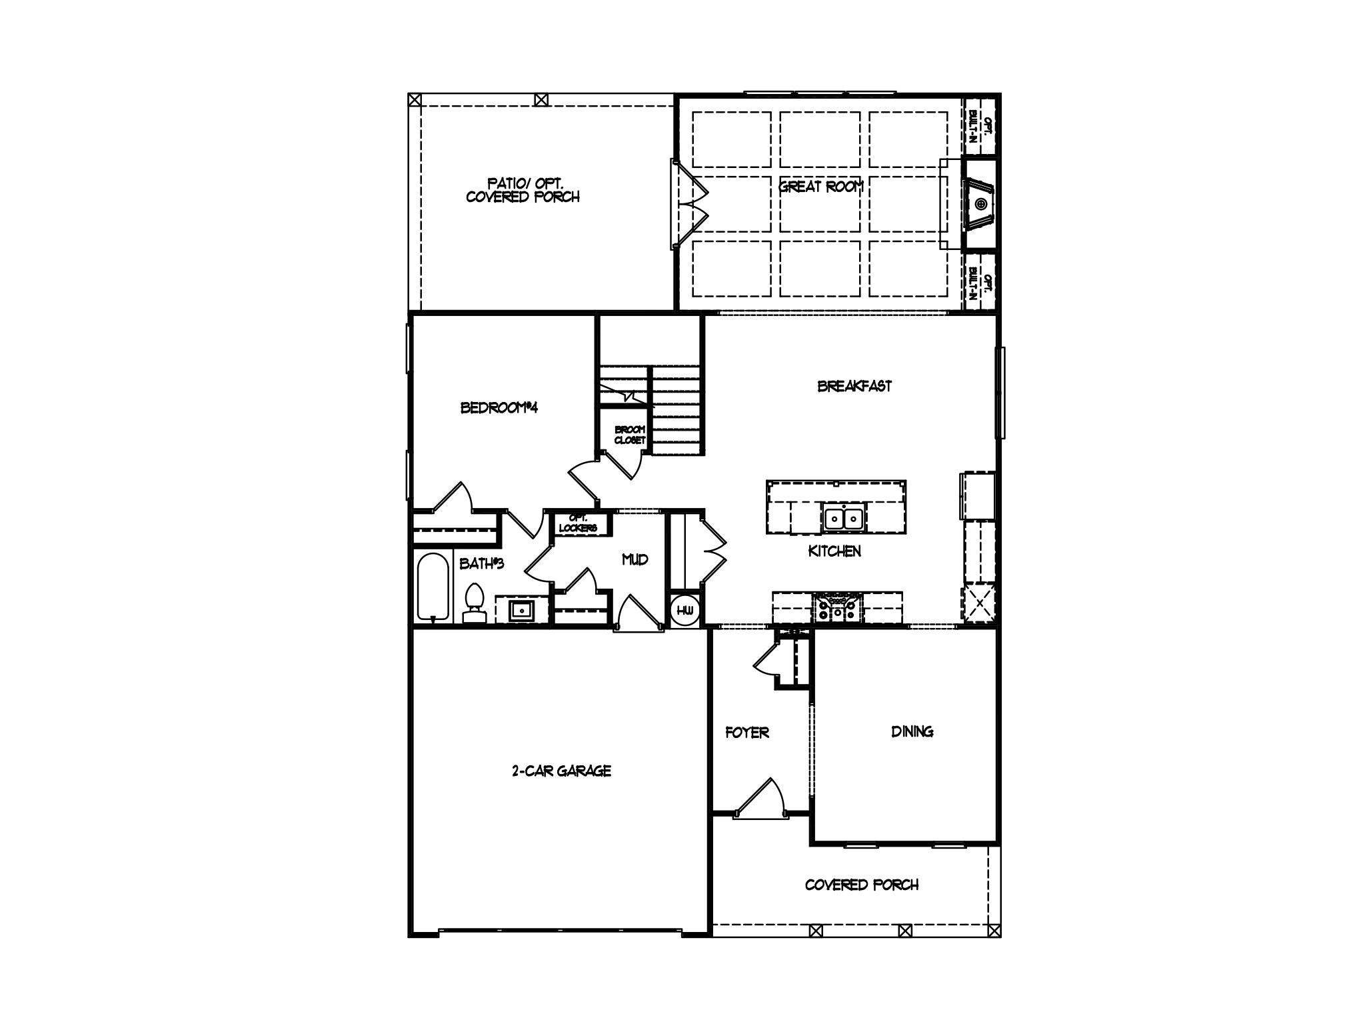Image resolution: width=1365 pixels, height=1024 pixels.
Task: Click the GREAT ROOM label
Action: click(x=821, y=187)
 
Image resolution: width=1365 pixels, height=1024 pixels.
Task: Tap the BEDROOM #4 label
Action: click(x=499, y=407)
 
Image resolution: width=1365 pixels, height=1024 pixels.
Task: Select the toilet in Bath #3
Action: click(x=474, y=602)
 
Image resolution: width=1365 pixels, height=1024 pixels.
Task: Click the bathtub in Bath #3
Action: click(x=432, y=586)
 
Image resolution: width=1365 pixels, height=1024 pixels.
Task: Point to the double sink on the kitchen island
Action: click(x=844, y=518)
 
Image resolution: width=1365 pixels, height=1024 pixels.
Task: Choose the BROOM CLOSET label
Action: click(x=629, y=435)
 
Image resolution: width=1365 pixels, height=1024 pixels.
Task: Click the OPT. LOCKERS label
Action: click(x=577, y=523)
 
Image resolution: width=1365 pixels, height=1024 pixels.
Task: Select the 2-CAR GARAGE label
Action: click(x=561, y=771)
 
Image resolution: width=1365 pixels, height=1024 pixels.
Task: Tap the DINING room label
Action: click(x=912, y=731)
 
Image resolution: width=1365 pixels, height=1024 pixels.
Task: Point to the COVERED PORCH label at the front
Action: click(x=861, y=885)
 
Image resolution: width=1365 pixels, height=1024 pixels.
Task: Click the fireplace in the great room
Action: click(x=978, y=203)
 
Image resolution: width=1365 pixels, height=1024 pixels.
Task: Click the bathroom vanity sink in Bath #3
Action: click(x=521, y=609)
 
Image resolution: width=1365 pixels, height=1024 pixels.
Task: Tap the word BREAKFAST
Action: click(x=854, y=386)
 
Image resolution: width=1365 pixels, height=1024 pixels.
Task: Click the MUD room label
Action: click(x=635, y=559)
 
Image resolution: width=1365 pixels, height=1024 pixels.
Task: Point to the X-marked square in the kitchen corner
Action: click(x=978, y=604)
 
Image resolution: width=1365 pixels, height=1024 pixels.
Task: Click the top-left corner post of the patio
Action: click(x=415, y=100)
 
